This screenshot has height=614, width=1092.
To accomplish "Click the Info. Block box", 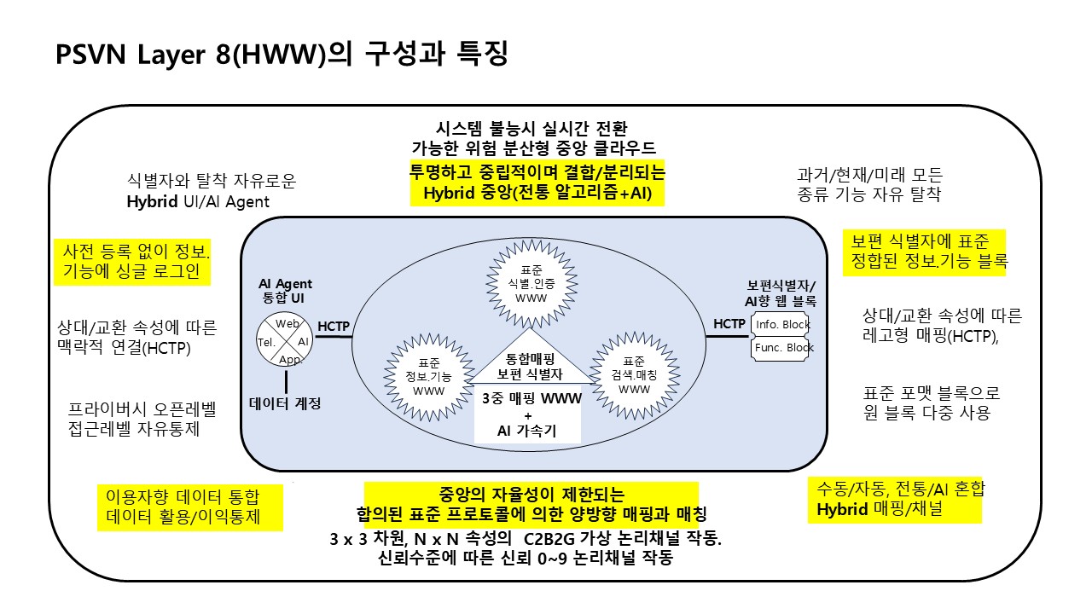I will pyautogui.click(x=782, y=325).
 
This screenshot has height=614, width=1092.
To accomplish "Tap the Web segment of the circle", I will pyautogui.click(x=288, y=324).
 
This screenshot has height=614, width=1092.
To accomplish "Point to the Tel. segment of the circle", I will pyautogui.click(x=265, y=341).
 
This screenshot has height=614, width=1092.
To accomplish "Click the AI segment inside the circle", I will pyautogui.click(x=304, y=341).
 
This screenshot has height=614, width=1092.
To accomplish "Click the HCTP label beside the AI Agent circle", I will pyautogui.click(x=334, y=326).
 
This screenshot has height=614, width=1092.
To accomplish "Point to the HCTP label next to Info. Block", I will pyautogui.click(x=729, y=324).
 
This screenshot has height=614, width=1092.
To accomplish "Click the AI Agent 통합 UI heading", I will pyautogui.click(x=285, y=291).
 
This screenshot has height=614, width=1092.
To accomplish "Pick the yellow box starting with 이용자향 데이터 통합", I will pyautogui.click(x=189, y=507).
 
